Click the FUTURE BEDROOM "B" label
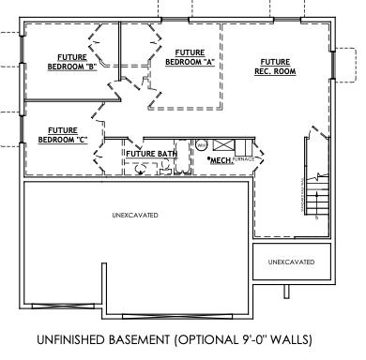[73, 63]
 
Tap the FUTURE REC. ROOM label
[275, 66]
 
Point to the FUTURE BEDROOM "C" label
[63, 135]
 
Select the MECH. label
[221, 161]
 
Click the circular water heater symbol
[200, 145]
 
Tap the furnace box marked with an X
[225, 145]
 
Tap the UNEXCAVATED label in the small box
[291, 262]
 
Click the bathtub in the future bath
[142, 169]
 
